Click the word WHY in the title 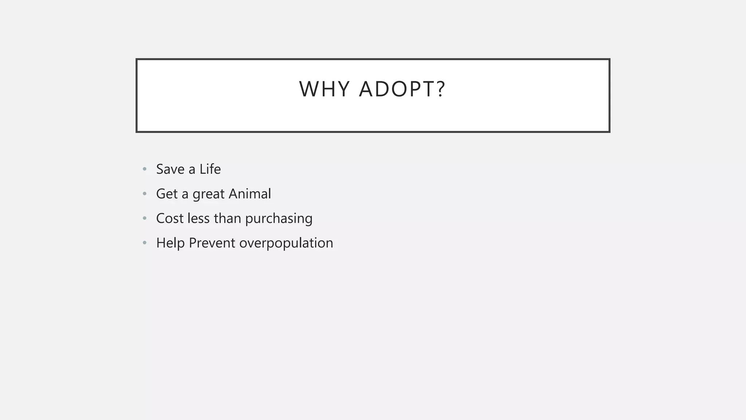point(324,89)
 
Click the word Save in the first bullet point(170,169)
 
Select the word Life point(210,169)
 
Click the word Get point(167,194)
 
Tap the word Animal point(250,194)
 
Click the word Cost point(169,218)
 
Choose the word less point(198,218)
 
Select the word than point(227,218)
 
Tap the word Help point(170,243)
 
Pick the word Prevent point(212,243)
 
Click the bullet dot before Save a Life point(145,169)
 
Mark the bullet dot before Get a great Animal point(145,194)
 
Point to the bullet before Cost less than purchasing point(145,218)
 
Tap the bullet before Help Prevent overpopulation point(145,243)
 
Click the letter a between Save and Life point(192,170)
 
